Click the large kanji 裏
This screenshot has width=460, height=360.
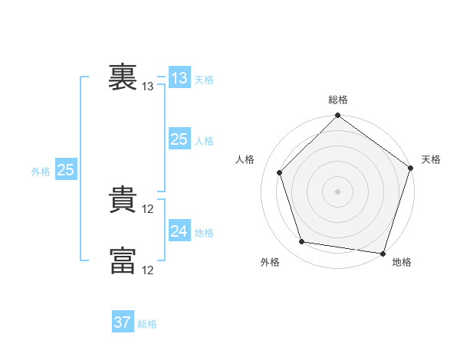tap(123, 77)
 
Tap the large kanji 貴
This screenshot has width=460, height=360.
tap(123, 199)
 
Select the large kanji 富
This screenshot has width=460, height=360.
tap(123, 260)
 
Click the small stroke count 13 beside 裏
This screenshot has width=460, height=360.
tap(147, 87)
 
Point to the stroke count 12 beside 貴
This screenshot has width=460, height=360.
tap(147, 209)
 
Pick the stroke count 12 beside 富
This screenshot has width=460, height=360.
tap(147, 270)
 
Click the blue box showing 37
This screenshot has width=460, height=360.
tap(123, 321)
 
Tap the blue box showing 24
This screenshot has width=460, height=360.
tap(180, 230)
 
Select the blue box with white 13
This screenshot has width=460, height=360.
tap(180, 77)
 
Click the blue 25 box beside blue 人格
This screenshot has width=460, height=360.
tap(180, 139)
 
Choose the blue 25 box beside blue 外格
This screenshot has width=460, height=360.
tap(66, 169)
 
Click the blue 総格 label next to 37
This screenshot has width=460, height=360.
tap(147, 324)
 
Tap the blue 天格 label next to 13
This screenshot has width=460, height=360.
tap(204, 80)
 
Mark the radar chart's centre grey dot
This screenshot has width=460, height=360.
tap(337, 191)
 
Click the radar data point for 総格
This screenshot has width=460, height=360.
tap(337, 115)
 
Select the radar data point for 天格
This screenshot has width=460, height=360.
tap(411, 168)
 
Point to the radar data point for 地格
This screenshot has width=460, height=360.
tap(383, 254)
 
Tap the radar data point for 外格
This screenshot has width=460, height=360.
tap(302, 241)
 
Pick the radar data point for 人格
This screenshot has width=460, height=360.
tap(280, 172)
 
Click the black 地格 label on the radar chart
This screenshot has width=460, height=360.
tap(402, 262)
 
